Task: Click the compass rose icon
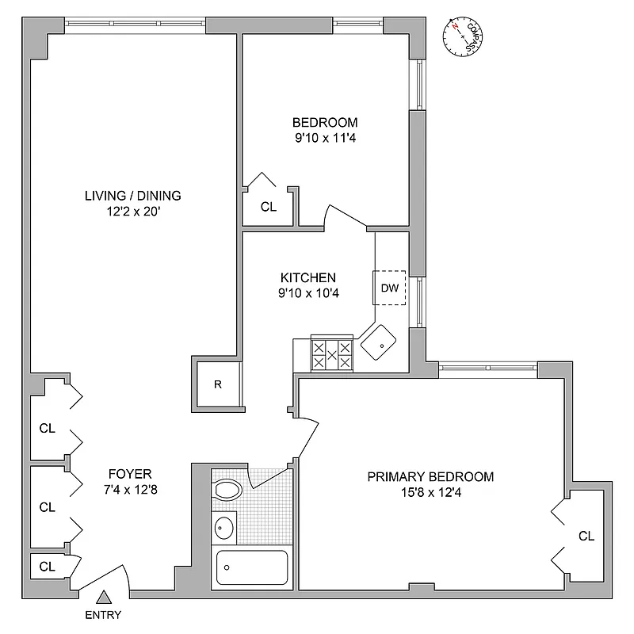(x=463, y=37)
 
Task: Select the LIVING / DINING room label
(x=133, y=196)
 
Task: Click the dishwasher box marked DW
(x=389, y=288)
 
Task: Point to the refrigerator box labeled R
(x=217, y=385)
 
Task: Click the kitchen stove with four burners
(x=332, y=353)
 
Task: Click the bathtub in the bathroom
(x=252, y=567)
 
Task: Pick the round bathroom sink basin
(x=225, y=526)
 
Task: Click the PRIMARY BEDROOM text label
(x=430, y=477)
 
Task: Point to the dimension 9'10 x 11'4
(x=325, y=137)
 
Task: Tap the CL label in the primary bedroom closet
(x=586, y=537)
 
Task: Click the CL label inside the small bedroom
(x=269, y=207)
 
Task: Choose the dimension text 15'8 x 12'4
(x=430, y=492)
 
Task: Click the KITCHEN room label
(x=308, y=278)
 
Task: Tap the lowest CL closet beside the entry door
(x=48, y=567)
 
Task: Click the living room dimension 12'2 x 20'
(x=133, y=212)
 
